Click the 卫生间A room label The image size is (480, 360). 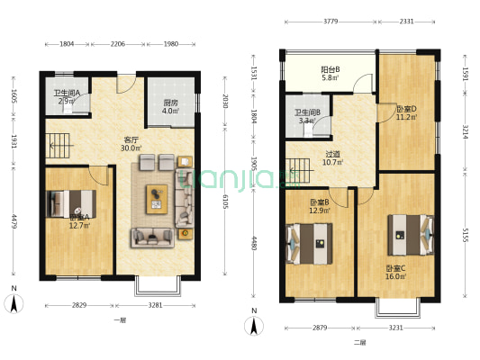tap(67, 93)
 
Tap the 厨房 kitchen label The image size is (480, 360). tap(169, 103)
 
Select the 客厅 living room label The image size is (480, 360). tap(131, 140)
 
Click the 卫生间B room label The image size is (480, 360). tap(307, 113)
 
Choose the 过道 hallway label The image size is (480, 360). tap(332, 155)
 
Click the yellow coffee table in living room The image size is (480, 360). tap(158, 198)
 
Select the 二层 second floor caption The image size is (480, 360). tap(359, 342)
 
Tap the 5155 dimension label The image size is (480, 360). tap(466, 236)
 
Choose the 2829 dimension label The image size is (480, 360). tap(79, 306)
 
